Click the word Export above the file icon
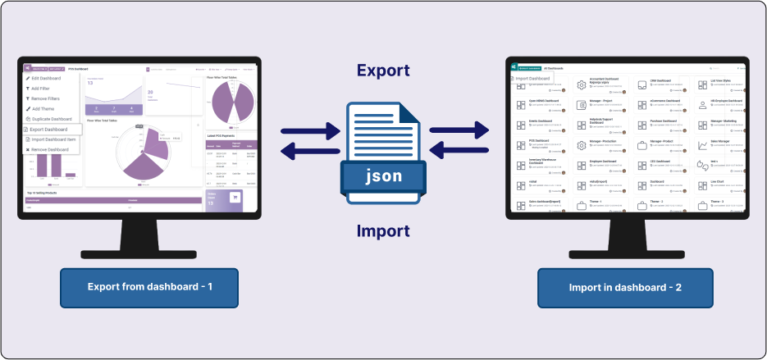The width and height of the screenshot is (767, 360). (383, 71)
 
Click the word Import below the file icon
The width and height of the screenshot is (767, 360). (383, 231)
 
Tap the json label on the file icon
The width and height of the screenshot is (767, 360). (384, 175)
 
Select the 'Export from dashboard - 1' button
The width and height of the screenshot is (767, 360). (149, 287)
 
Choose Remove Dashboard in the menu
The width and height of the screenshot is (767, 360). (51, 150)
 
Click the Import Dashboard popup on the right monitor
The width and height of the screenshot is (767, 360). (532, 79)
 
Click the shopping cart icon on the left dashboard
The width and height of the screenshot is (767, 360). (235, 197)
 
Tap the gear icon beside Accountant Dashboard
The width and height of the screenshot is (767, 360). (581, 85)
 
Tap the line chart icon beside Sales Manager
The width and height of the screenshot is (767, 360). (702, 146)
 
